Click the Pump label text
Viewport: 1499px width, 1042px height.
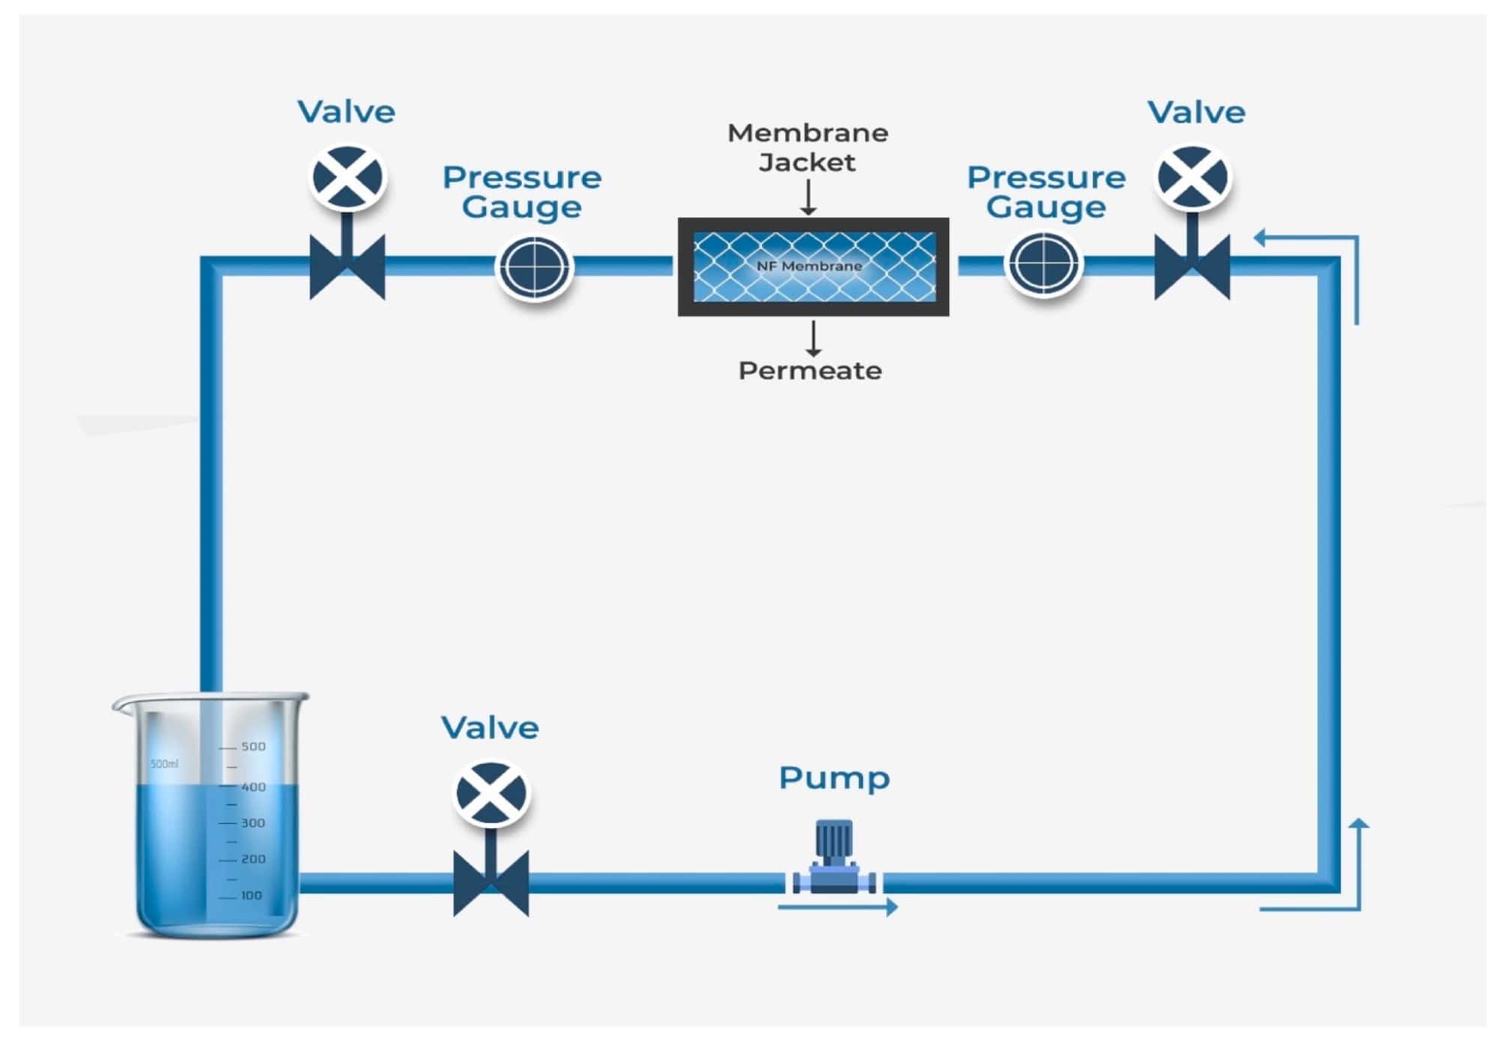(834, 779)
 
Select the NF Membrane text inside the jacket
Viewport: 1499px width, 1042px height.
(809, 266)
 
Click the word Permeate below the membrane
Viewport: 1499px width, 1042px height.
(810, 371)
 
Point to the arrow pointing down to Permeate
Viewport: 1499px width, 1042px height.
(813, 338)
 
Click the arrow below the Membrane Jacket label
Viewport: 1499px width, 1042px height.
(808, 197)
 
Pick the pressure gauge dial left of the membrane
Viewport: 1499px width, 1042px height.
(535, 266)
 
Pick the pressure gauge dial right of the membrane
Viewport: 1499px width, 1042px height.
(1043, 265)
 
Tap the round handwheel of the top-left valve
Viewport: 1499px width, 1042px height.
(347, 178)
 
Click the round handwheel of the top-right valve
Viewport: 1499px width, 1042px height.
(1192, 178)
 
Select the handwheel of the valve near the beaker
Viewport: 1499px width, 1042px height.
(492, 794)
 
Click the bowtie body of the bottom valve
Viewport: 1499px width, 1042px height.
(491, 883)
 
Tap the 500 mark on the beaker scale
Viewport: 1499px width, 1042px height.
(253, 746)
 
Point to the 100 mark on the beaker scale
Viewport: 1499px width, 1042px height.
(251, 895)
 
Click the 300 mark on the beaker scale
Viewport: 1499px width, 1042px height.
(253, 823)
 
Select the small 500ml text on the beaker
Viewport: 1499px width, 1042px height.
(164, 764)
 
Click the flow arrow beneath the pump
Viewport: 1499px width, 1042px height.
(838, 907)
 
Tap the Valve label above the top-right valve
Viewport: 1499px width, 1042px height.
(1196, 113)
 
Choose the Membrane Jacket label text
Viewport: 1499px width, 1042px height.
(808, 148)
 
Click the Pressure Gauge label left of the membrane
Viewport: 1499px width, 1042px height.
(522, 192)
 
